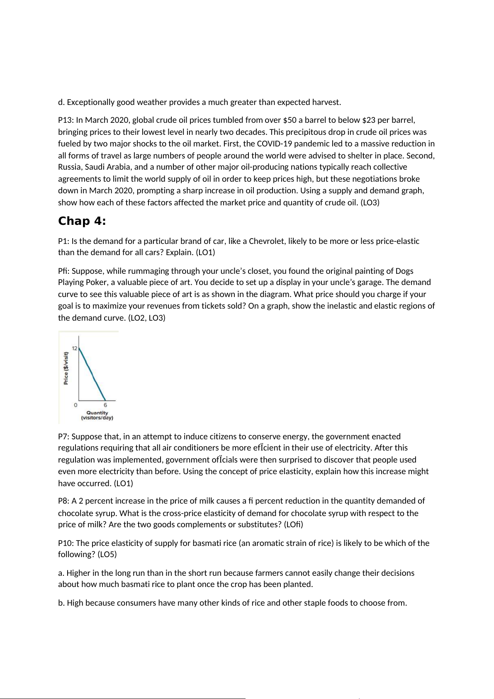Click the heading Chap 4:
82,221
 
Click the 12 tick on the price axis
74,348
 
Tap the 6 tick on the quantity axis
105,405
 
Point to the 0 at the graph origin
75,405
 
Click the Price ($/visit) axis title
66,368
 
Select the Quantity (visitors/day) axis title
97,415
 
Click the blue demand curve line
92,374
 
